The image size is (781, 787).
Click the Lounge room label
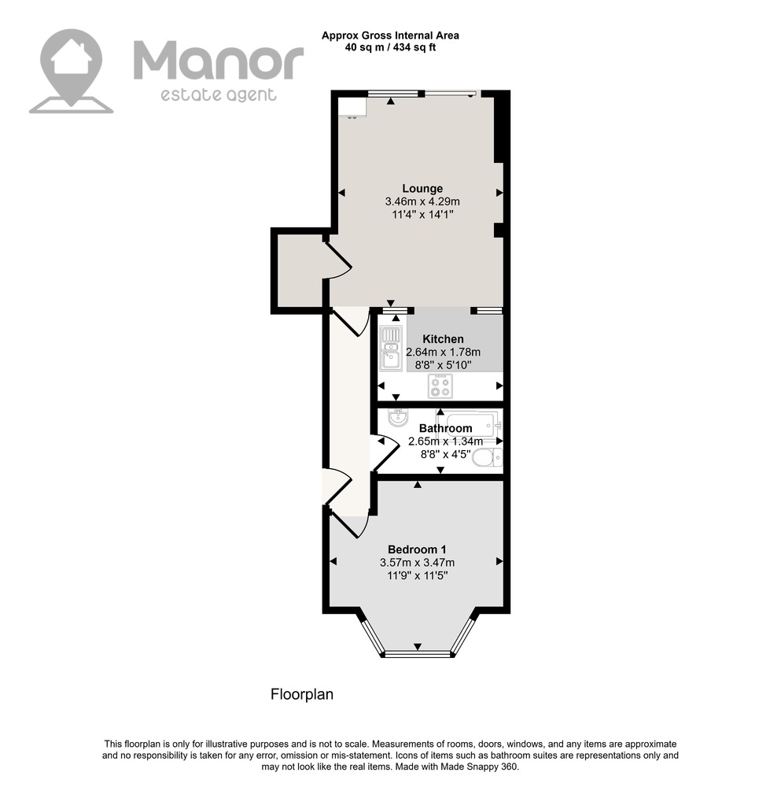pyautogui.click(x=422, y=189)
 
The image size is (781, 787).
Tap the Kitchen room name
pyautogui.click(x=443, y=338)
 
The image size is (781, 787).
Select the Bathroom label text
pyautogui.click(x=445, y=428)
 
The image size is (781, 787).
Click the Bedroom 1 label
pyautogui.click(x=417, y=549)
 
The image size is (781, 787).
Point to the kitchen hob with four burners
pyautogui.click(x=440, y=386)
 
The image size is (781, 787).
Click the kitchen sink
pyautogui.click(x=391, y=349)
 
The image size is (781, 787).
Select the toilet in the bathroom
pyautogui.click(x=487, y=457)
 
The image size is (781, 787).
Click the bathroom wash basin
pyautogui.click(x=399, y=418)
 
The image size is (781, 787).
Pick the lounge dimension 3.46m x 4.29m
pyautogui.click(x=422, y=201)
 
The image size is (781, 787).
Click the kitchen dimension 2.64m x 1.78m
pyautogui.click(x=443, y=352)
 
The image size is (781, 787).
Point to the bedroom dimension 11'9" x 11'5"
pyautogui.click(x=418, y=576)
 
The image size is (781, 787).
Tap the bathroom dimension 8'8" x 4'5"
pyautogui.click(x=445, y=454)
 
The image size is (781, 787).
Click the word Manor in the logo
pyautogui.click(x=218, y=61)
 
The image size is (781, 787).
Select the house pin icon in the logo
pyautogui.click(x=72, y=71)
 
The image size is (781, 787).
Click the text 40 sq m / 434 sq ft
pyautogui.click(x=390, y=48)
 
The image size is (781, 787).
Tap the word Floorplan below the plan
pyautogui.click(x=302, y=694)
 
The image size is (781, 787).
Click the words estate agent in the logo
pyautogui.click(x=218, y=95)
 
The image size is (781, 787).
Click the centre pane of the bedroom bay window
pyautogui.click(x=418, y=653)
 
